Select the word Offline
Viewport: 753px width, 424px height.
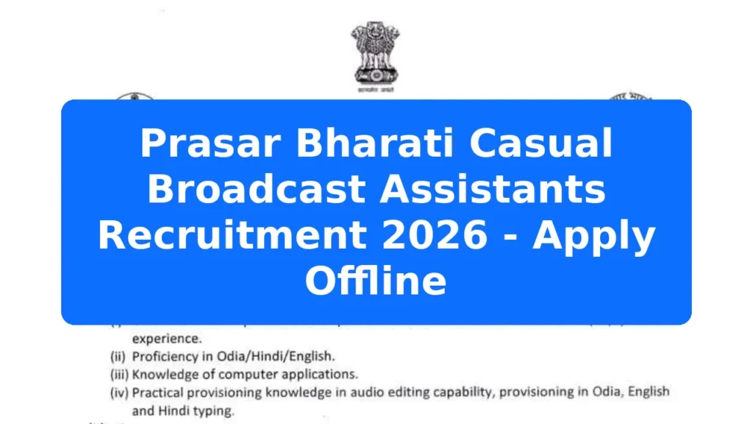point(376,280)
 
